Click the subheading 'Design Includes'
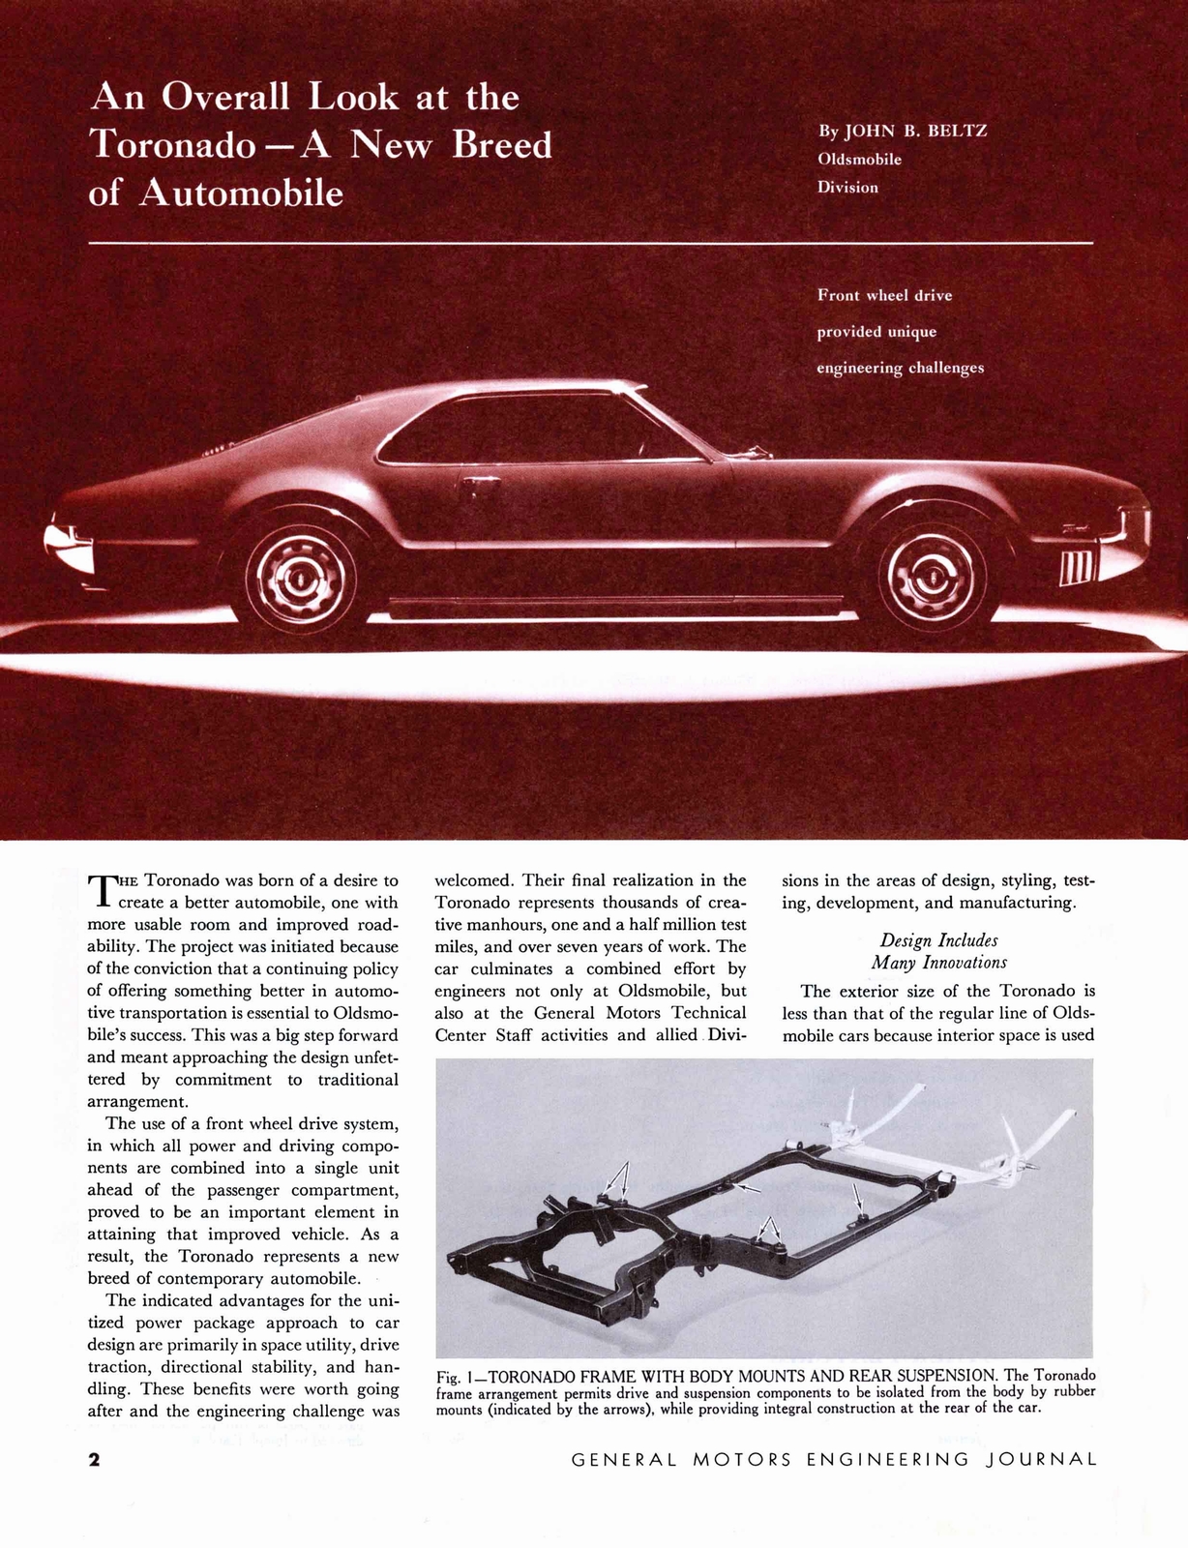point(938,940)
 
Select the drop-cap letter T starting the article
point(101,892)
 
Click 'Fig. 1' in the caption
point(453,1376)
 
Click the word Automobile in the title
point(242,193)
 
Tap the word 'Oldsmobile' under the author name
point(859,159)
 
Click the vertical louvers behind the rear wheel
point(1076,567)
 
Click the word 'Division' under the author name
point(847,187)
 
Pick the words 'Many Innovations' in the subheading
point(938,963)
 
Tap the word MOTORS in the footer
point(741,1459)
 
